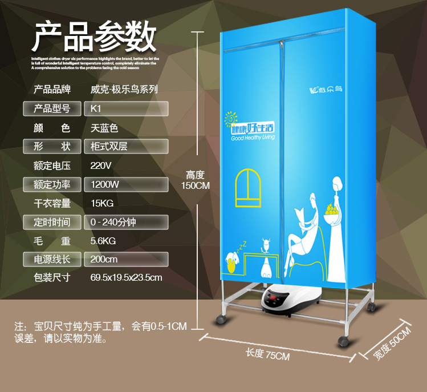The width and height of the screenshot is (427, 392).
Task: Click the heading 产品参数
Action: click(94, 37)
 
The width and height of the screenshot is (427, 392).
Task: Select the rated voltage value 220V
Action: click(101, 165)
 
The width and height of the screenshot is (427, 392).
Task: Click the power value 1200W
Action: click(105, 184)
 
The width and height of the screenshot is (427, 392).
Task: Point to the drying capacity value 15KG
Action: click(102, 203)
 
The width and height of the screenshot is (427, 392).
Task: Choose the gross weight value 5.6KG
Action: click(103, 241)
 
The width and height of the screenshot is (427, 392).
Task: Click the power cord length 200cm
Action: click(104, 260)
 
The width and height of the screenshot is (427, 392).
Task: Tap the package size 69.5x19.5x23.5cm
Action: click(127, 278)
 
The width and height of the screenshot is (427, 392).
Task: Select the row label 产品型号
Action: click(52, 108)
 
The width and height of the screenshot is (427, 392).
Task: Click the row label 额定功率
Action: click(52, 184)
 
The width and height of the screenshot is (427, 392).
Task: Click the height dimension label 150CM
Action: click(196, 185)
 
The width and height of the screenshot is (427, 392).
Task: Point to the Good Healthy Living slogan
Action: click(253, 138)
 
